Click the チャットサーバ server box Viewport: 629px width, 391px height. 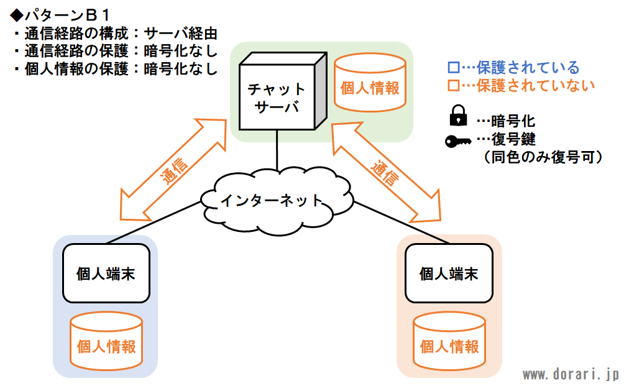283,91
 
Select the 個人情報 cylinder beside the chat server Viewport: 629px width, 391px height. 370,83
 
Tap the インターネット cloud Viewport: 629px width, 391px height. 277,200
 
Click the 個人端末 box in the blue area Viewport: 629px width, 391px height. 106,274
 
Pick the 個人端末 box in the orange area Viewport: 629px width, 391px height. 449,274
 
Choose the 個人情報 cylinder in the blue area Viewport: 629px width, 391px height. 106,341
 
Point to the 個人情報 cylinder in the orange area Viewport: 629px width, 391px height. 449,341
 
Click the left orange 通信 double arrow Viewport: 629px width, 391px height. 173,170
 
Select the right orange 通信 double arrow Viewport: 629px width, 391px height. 386,172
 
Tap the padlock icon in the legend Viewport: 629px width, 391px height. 458,116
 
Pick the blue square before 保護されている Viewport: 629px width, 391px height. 453,67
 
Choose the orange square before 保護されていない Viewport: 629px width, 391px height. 453,85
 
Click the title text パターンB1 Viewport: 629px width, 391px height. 67,16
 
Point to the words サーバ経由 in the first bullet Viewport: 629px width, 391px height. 180,34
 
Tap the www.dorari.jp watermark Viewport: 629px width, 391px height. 571,375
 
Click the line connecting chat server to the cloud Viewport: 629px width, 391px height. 277,150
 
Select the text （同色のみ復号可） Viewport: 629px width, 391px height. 543,157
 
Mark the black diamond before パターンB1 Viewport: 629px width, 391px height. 17,16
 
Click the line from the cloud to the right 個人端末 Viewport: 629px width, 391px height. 401,223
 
